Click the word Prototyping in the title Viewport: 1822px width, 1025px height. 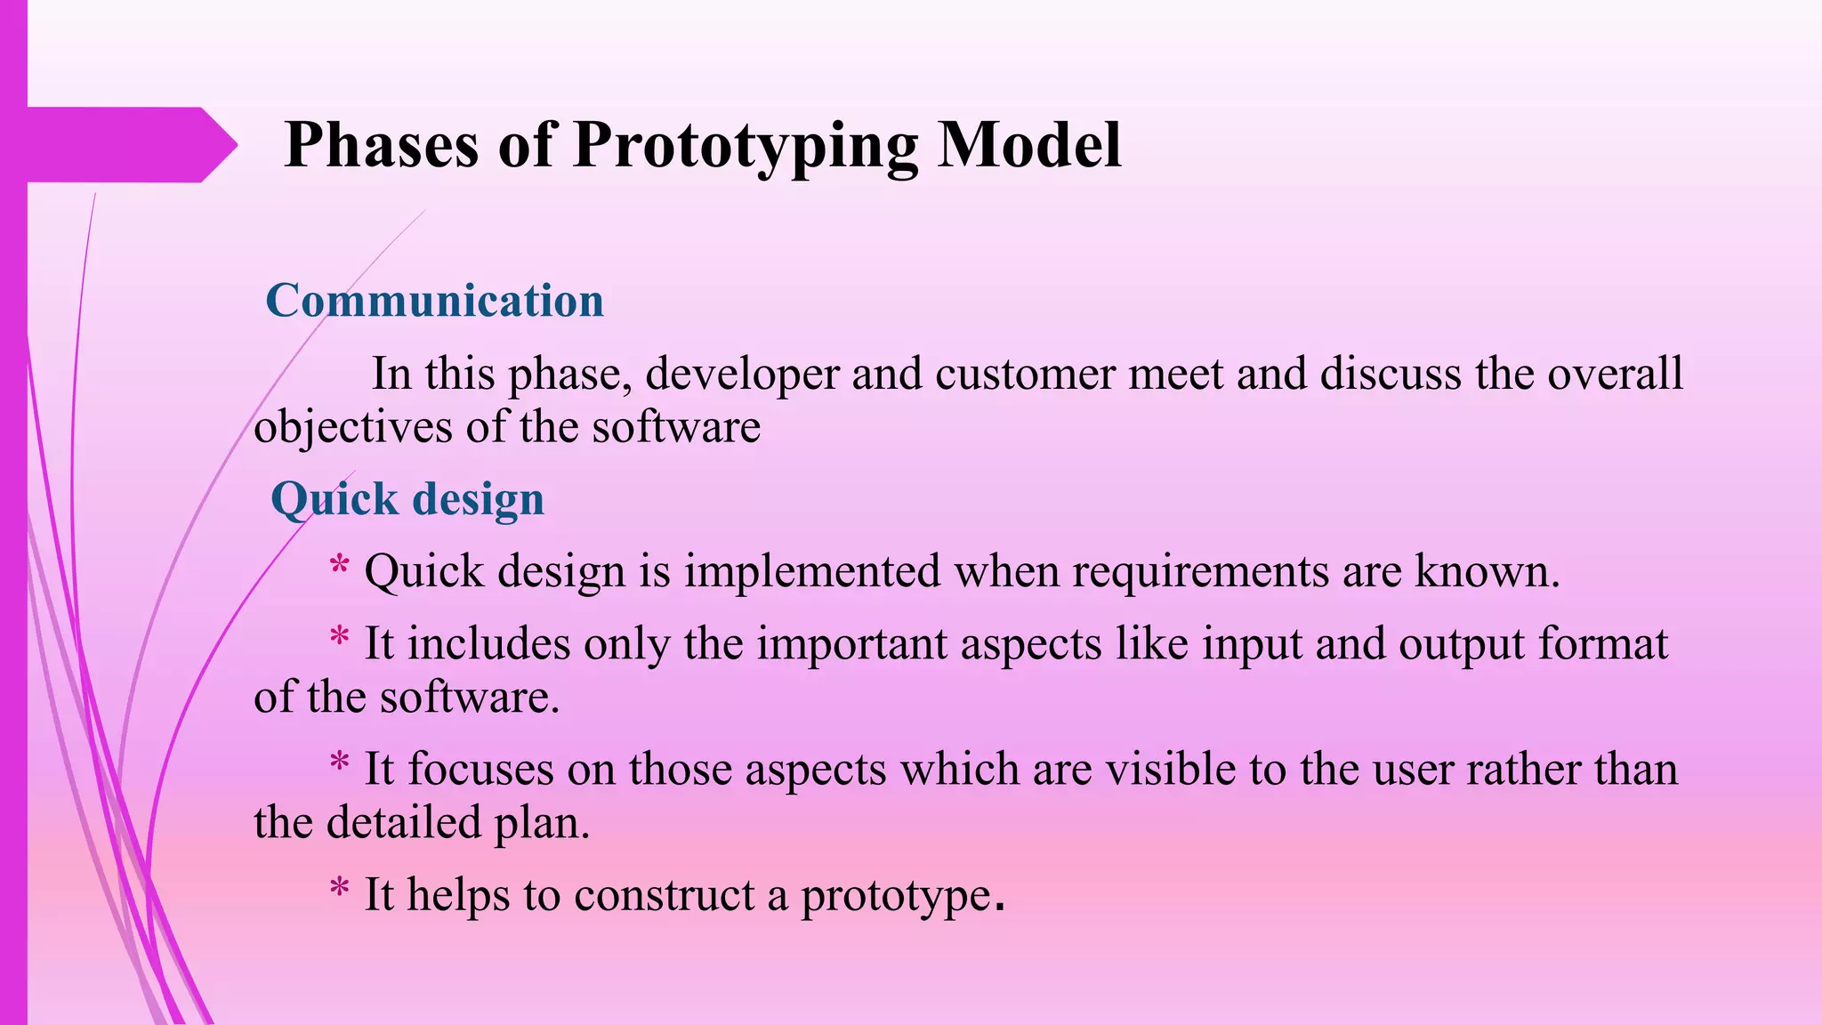point(746,145)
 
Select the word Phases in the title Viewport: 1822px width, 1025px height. point(381,145)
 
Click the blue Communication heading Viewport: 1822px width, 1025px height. point(434,301)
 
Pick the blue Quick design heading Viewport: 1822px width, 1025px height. point(407,499)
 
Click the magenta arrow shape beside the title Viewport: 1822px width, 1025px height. point(125,145)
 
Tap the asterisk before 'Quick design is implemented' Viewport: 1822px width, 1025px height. point(339,567)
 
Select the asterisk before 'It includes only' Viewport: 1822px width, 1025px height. point(339,639)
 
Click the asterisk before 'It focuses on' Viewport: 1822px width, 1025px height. point(339,764)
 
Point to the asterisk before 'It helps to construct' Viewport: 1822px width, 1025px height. point(339,890)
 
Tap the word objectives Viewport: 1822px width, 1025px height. point(352,428)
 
